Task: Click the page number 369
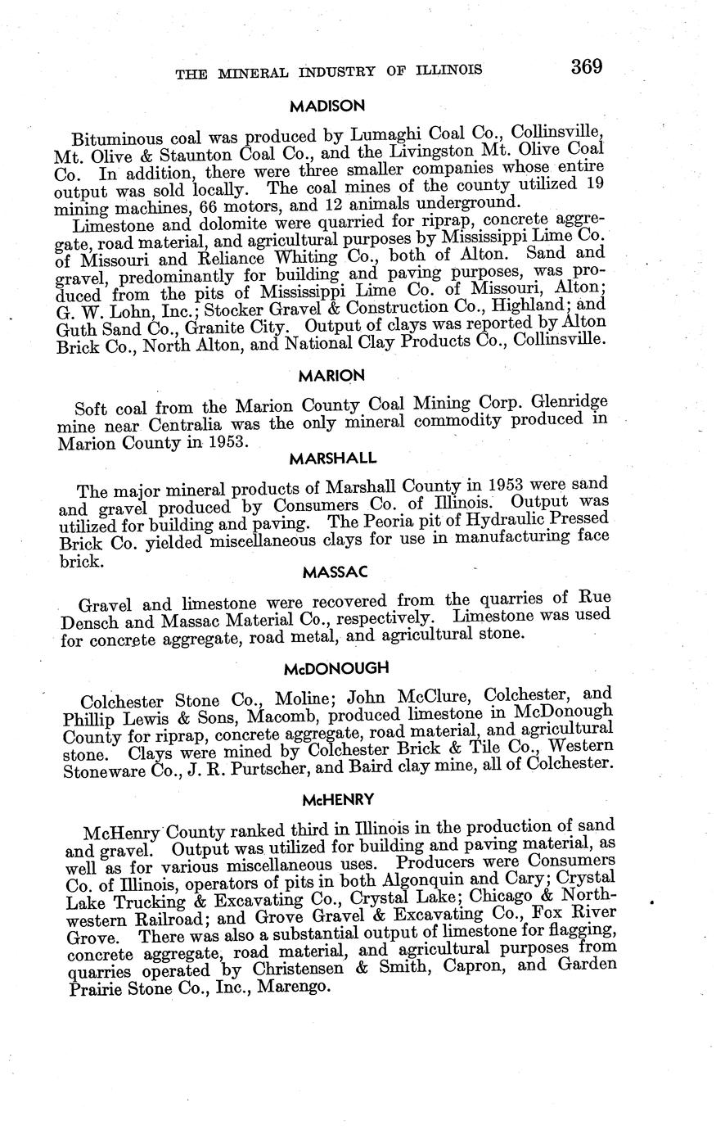[587, 66]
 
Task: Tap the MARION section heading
[331, 376]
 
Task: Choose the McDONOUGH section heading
[335, 668]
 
